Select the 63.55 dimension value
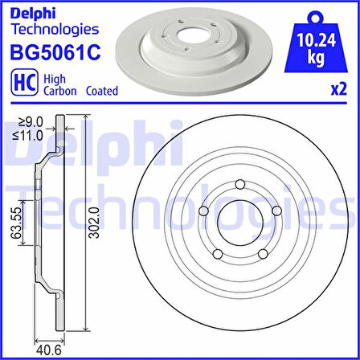15,226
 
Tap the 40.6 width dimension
48,348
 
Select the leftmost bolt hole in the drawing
203,211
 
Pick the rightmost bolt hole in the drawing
277,211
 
